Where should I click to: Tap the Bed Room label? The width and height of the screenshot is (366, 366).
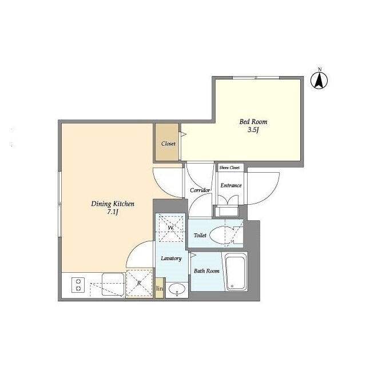253,122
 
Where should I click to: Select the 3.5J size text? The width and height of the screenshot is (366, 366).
253,130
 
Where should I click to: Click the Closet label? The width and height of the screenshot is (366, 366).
168,144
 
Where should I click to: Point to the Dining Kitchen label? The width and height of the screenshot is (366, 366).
113,204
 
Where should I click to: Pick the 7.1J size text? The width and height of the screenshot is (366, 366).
113,212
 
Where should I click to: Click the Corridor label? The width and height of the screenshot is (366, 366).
200,190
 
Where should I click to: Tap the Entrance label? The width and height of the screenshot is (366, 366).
231,185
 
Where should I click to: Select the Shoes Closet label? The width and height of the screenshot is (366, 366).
229,168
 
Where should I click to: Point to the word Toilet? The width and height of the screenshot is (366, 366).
200,235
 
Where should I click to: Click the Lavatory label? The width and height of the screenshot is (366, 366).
171,258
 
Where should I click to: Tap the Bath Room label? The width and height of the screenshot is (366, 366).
206,271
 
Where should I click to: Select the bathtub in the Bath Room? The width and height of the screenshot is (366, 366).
236,272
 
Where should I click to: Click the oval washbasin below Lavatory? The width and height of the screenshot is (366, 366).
177,289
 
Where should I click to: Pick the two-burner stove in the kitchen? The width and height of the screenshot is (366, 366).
78,285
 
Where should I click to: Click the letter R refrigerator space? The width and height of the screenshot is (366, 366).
139,283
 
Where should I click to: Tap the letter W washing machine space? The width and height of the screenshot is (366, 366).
170,228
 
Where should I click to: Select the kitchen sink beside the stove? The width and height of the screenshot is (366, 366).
113,284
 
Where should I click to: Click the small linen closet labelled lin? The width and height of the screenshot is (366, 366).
160,288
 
